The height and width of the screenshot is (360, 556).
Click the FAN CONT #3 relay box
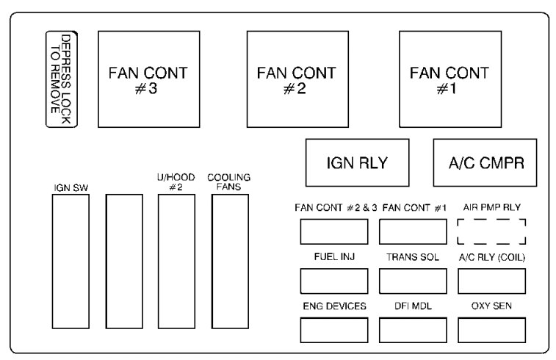[143, 79]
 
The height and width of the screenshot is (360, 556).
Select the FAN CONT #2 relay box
[296, 79]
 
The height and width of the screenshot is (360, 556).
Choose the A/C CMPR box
[485, 162]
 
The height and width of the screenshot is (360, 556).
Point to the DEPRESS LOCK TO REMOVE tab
[62, 79]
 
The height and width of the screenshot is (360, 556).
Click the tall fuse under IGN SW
[71, 261]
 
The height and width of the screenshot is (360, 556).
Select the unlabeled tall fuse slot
[123, 261]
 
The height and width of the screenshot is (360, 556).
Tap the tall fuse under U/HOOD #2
[176, 261]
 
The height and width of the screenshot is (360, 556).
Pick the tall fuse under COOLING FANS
[229, 261]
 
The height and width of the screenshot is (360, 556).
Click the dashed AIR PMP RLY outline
[491, 231]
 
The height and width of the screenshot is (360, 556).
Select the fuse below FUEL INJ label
[333, 281]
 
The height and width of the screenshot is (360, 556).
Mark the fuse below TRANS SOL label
[413, 281]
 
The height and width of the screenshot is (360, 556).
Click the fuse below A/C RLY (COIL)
[491, 281]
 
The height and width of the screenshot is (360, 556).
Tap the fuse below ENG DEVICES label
[333, 330]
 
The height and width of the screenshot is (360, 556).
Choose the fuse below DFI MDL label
[413, 330]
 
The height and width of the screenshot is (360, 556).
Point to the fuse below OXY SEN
[491, 330]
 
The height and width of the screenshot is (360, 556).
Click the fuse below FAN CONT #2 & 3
[333, 231]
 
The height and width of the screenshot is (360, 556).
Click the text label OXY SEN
[491, 306]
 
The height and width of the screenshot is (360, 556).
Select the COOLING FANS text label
[229, 182]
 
